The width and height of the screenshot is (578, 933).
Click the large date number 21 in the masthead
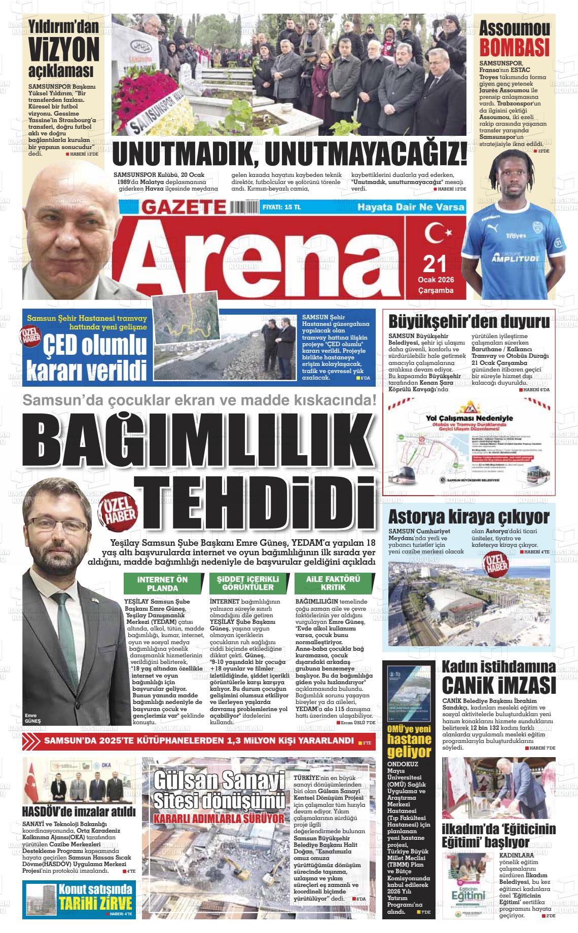434,264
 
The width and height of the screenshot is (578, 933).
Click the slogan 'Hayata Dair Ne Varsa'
411,207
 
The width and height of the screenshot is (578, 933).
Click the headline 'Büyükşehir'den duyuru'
468,322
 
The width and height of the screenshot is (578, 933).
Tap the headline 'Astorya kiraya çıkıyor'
468,517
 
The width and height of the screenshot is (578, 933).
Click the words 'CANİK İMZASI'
499,687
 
